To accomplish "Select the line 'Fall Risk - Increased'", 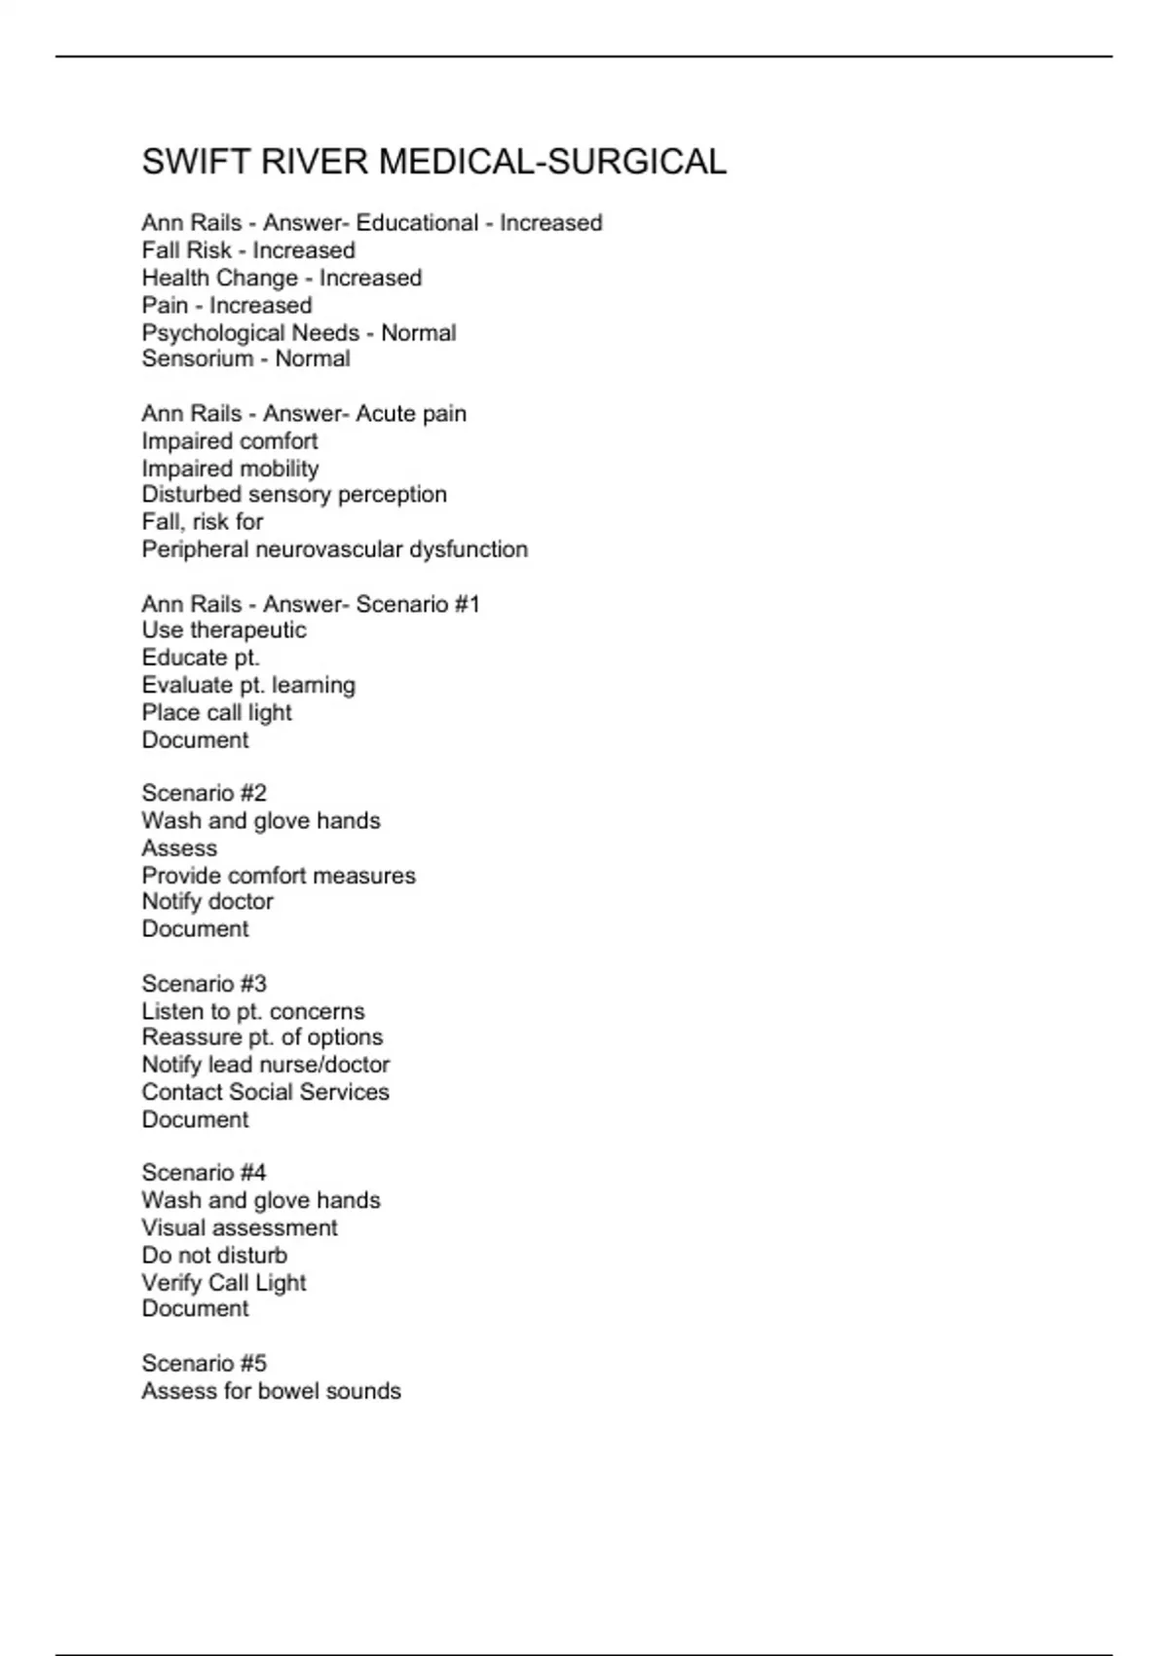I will click(x=248, y=250).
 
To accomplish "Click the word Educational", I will click(x=417, y=223).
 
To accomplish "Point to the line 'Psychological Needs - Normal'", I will click(x=298, y=333).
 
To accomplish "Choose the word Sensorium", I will click(x=198, y=358).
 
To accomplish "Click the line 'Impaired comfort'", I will click(x=230, y=441).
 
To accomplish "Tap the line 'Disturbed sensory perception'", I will click(x=294, y=495).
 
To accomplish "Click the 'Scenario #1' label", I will click(x=418, y=604).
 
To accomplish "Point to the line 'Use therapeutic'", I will click(x=224, y=630).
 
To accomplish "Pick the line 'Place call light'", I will click(x=216, y=713).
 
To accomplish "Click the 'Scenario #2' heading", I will click(x=204, y=793).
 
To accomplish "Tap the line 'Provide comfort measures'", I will click(x=279, y=876).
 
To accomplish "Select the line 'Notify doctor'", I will click(x=207, y=902).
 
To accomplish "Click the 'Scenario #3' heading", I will click(x=204, y=984).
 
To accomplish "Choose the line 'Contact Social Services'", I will click(x=265, y=1092).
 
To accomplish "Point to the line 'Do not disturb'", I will click(x=214, y=1256).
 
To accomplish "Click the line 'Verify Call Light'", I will click(x=224, y=1283).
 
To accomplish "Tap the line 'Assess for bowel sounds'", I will click(x=271, y=1391).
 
